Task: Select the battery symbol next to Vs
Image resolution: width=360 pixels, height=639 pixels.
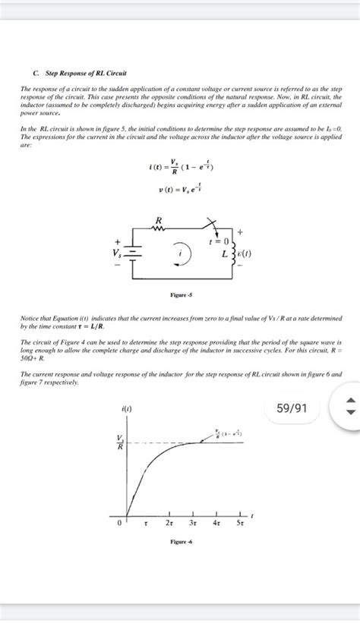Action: (x=134, y=253)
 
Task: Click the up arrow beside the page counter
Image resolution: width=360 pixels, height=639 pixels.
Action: (x=349, y=401)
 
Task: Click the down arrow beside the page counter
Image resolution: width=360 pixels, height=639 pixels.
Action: (x=349, y=414)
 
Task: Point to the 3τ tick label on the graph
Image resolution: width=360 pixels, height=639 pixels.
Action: (x=193, y=523)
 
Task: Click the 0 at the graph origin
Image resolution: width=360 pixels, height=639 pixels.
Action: (x=118, y=523)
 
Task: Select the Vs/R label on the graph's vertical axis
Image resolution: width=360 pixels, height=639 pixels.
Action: (x=119, y=442)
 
